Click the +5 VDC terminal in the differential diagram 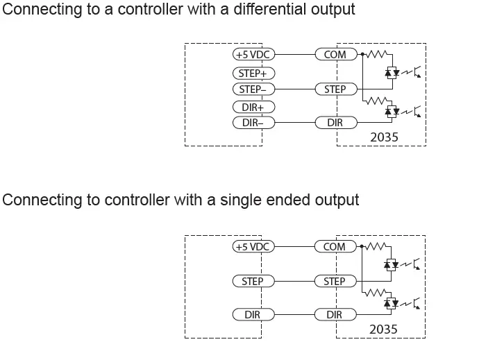click(253, 54)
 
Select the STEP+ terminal click(253, 73)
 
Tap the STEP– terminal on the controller click(253, 89)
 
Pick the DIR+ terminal click(253, 107)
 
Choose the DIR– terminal click(253, 123)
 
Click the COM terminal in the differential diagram click(335, 54)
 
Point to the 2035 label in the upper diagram click(384, 137)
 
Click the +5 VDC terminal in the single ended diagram click(253, 246)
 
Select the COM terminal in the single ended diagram click(335, 246)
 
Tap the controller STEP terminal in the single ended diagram click(253, 282)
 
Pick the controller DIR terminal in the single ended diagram click(253, 315)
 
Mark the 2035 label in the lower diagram click(384, 329)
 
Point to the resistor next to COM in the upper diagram click(376, 54)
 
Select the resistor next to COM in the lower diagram click(376, 246)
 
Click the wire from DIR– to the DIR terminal click(294, 123)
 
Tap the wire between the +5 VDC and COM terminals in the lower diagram click(294, 246)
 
